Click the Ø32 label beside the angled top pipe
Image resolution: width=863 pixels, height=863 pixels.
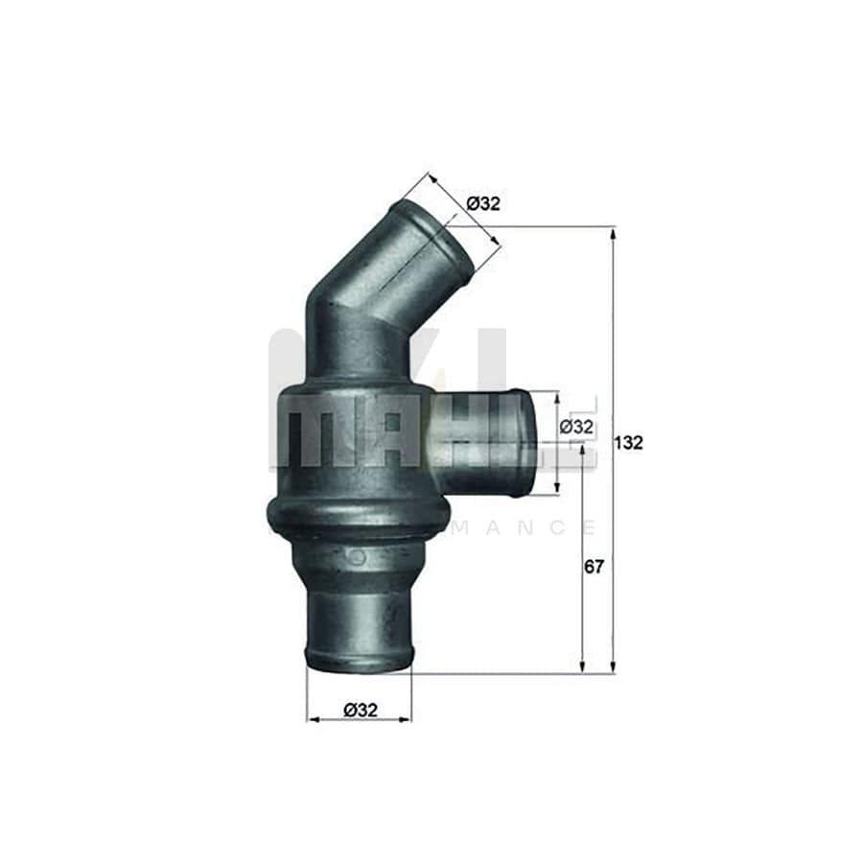[483, 202]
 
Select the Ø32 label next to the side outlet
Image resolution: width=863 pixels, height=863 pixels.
[575, 427]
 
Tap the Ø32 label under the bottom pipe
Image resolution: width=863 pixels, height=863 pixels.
[360, 710]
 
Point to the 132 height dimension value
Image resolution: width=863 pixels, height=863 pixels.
[630, 442]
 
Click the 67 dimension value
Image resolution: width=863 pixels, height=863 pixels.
[595, 567]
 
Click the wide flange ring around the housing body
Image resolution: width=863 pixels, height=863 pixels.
[358, 519]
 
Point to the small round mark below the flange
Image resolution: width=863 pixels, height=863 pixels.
[358, 557]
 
